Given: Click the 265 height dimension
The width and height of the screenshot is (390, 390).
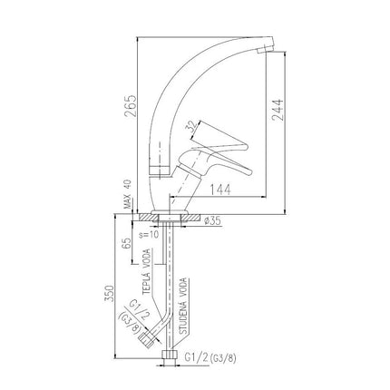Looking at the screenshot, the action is [130, 106].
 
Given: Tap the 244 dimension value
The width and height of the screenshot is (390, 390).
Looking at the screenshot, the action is [278, 110].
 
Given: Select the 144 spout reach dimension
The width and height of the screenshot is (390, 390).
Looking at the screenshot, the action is [220, 190].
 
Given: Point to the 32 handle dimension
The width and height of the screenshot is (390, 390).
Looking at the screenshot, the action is [191, 127].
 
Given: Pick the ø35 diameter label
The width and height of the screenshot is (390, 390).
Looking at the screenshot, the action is [212, 221].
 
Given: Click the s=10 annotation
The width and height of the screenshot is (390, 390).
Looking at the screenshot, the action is [149, 235].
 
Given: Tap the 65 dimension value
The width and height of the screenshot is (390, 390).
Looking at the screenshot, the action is [128, 243].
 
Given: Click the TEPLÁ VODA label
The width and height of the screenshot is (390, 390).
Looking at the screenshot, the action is [147, 271].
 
